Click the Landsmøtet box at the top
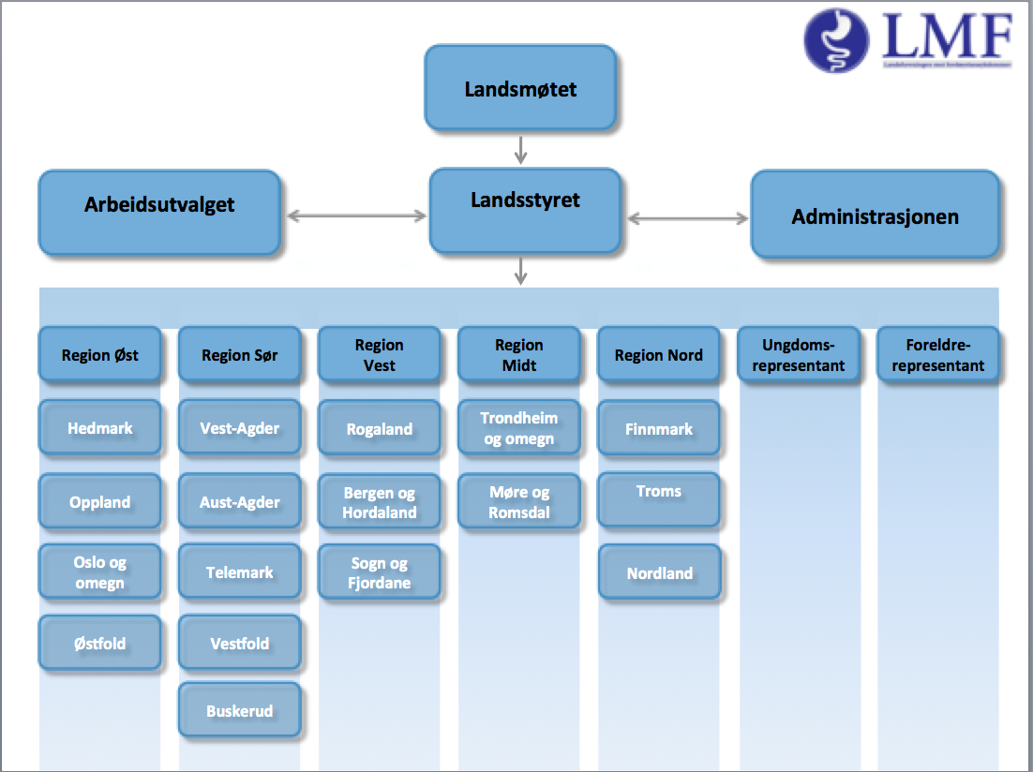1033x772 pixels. coord(520,88)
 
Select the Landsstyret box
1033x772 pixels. coord(524,211)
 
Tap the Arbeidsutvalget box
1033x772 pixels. coord(159,212)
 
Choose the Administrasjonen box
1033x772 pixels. coord(875,215)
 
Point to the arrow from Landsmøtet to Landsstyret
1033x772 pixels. coord(521,148)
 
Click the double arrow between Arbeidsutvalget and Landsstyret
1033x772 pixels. coord(356,216)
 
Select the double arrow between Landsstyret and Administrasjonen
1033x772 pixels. coord(688,219)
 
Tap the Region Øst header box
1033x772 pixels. coord(99,354)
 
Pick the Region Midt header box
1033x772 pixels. coord(518,355)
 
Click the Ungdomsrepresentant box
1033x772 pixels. coord(798,354)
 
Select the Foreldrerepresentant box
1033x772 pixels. coord(937,354)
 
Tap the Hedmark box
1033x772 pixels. coord(99,429)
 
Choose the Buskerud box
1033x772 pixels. coord(239,711)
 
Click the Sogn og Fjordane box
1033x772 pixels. coord(380,572)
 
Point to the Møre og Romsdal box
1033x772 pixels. coord(518,501)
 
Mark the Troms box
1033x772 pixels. coord(659,498)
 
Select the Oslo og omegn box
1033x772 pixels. coord(99,572)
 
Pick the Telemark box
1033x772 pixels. coord(239,572)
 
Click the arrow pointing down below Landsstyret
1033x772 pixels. coord(521,271)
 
